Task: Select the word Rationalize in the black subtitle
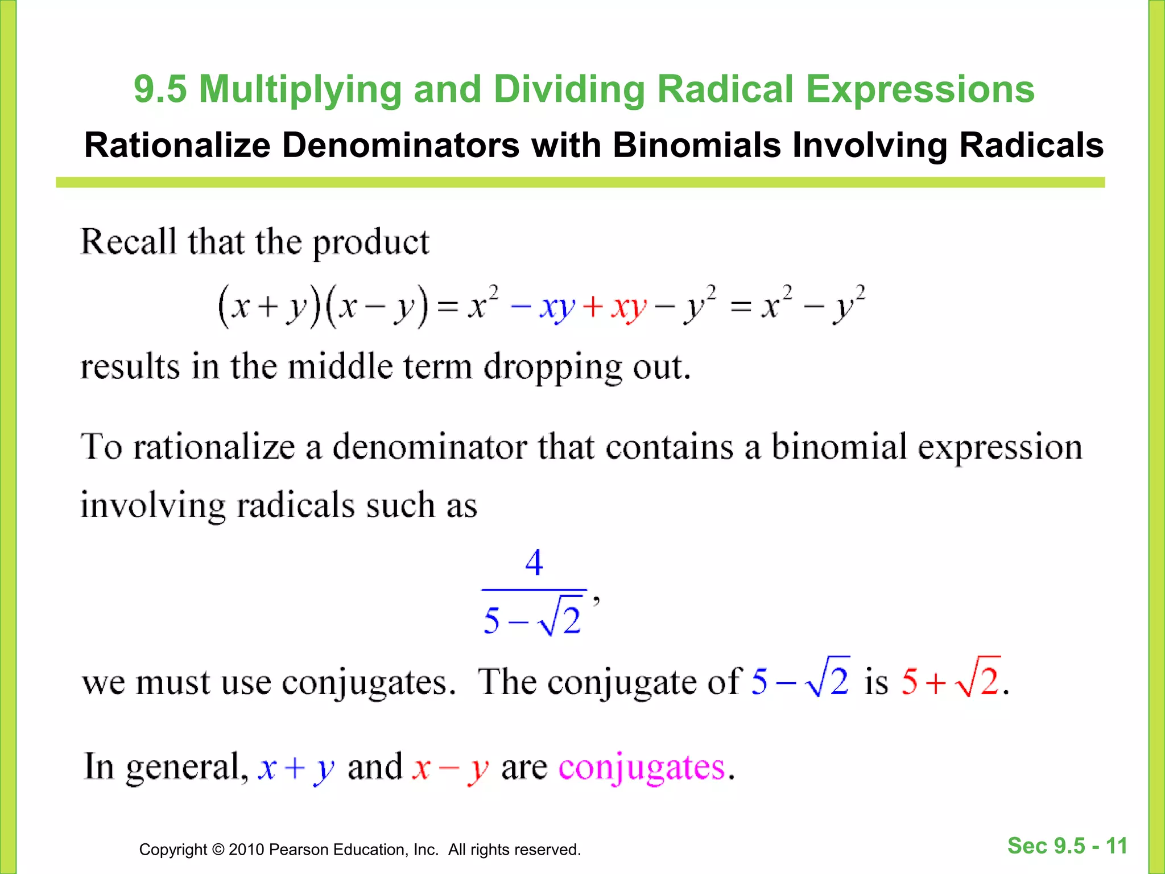pos(177,145)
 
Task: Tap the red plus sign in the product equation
pos(593,307)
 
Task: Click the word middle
pos(340,366)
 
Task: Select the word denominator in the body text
pos(430,447)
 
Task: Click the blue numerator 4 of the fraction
pos(534,563)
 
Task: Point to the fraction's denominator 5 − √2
pos(532,618)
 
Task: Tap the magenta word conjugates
pos(642,768)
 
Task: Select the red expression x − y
pos(450,768)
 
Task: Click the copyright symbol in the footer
pos(218,850)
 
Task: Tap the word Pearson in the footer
pos(298,850)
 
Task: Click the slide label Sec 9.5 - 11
pos(1067,846)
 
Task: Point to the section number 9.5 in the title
pos(160,90)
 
